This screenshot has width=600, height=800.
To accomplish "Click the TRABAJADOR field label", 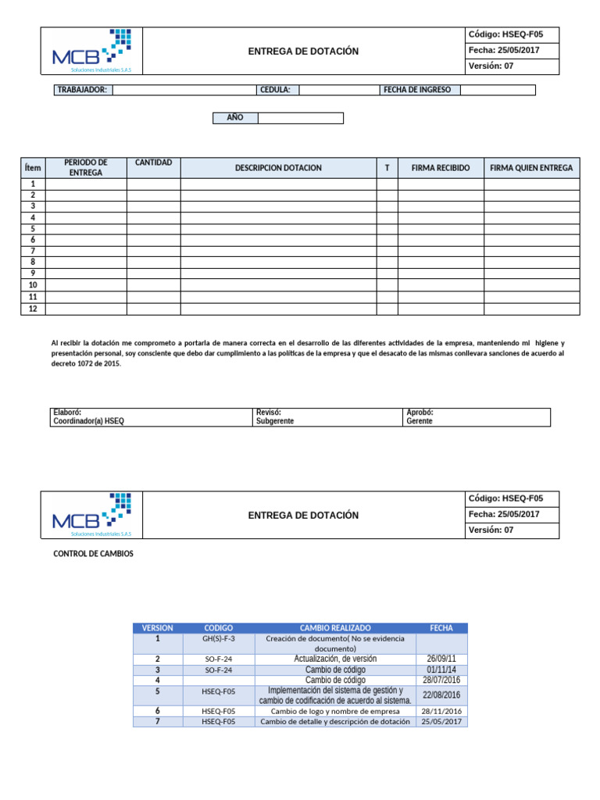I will pos(82,90).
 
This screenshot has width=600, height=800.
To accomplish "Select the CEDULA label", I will pos(275,90).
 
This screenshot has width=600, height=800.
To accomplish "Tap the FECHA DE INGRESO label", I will pos(418,90).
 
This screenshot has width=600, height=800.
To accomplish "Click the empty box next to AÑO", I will pos(300,118).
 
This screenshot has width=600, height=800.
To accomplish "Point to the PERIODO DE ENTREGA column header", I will pos(86,167).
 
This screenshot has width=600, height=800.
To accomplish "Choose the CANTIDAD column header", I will pos(153,162).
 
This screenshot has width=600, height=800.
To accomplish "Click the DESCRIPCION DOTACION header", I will pos(278,168).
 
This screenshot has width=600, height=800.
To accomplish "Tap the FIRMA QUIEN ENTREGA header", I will pos(531,168).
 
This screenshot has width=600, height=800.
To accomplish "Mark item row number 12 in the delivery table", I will pos(33,309).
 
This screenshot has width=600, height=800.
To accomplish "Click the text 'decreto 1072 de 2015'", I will pos(86,364).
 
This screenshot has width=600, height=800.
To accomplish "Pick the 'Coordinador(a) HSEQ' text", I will pos(88,421).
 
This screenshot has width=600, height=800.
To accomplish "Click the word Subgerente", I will pos(275,421).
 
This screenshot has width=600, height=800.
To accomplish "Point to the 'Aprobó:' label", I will pos(420,412).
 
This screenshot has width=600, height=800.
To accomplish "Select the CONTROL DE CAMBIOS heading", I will pos(93,554).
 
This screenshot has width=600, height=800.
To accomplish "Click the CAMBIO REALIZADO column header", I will pos(335,628).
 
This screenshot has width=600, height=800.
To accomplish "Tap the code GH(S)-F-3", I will pos(218,638).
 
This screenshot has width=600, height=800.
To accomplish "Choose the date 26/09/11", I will pos(441,659).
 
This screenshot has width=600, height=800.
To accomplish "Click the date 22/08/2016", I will pos(441,695).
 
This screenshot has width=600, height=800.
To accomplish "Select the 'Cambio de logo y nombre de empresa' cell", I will pos(335,711).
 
